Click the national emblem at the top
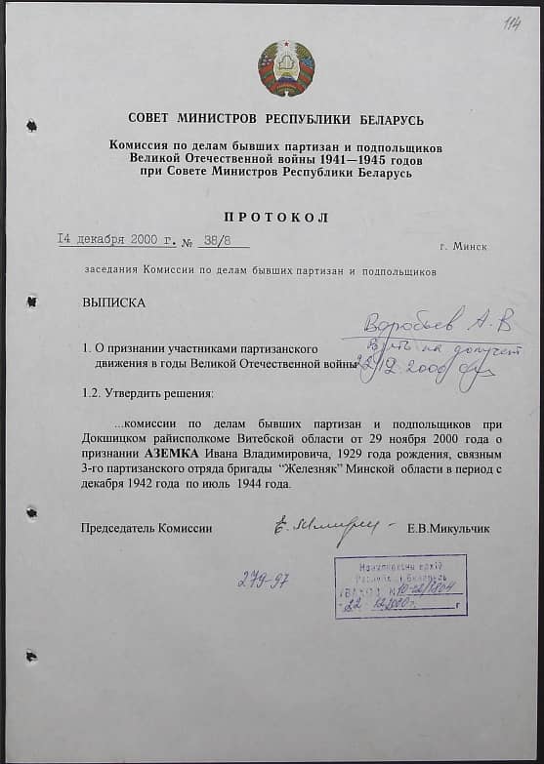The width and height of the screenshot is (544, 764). coord(286,68)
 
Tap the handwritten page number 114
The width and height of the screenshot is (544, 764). coord(512,23)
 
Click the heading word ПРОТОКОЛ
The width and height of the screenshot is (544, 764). coord(282,217)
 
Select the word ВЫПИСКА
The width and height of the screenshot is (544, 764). coord(114,302)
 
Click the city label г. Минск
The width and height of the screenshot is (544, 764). coord(463,246)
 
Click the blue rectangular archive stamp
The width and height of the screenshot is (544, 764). coord(399,586)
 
